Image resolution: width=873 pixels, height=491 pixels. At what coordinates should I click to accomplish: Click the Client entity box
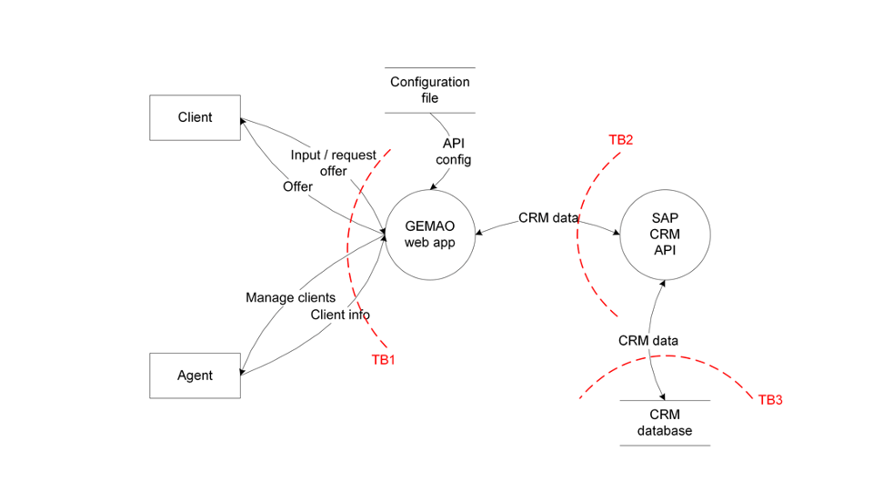tap(195, 117)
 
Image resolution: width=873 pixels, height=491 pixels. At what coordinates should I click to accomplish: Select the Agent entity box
tap(195, 376)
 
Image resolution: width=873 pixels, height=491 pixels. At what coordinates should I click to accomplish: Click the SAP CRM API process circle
tap(665, 234)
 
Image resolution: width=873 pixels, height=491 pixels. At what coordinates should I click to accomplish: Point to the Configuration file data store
tap(429, 90)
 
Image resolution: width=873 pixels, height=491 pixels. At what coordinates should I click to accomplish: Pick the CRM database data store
tap(665, 423)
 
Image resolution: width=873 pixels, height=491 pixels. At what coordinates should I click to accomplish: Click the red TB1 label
tap(383, 359)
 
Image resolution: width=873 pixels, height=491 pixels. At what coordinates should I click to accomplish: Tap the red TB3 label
tap(770, 400)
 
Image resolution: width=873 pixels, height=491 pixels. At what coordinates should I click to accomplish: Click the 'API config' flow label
tap(453, 152)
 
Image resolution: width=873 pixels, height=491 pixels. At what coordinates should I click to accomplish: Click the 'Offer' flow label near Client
tap(297, 186)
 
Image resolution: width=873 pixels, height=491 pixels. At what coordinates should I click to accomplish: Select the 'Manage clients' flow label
tap(290, 297)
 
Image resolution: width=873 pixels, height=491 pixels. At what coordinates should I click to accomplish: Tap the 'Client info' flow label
tap(340, 315)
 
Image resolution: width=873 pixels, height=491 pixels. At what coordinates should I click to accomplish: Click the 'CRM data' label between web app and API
tap(548, 218)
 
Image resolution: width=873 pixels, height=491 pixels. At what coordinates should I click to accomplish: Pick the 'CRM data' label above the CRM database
tap(647, 340)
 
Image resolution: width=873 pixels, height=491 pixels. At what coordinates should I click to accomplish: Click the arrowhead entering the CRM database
tap(666, 396)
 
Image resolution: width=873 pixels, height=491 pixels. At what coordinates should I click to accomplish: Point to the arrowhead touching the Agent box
tap(244, 372)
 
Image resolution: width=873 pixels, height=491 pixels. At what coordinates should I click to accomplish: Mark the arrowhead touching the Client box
tap(244, 120)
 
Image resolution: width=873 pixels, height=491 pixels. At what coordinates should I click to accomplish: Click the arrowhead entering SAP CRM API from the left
tap(617, 234)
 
